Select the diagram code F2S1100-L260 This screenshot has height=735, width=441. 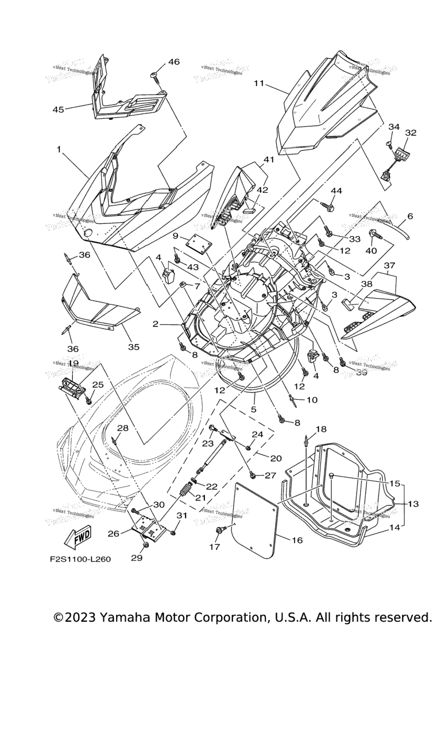tap(80, 559)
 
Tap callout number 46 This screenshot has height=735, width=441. tap(173, 62)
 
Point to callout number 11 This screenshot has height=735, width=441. tap(259, 83)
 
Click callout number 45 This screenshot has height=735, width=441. tap(58, 109)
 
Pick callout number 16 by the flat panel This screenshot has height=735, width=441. tap(297, 540)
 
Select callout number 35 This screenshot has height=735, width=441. tap(133, 347)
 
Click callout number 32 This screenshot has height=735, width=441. tap(411, 133)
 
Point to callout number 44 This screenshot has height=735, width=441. tap(336, 190)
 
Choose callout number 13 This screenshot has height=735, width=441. tap(413, 504)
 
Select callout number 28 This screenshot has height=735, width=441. tap(123, 428)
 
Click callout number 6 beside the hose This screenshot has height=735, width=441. tap(410, 216)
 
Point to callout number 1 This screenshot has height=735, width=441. tap(59, 149)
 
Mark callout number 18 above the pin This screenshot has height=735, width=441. tap(320, 429)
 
